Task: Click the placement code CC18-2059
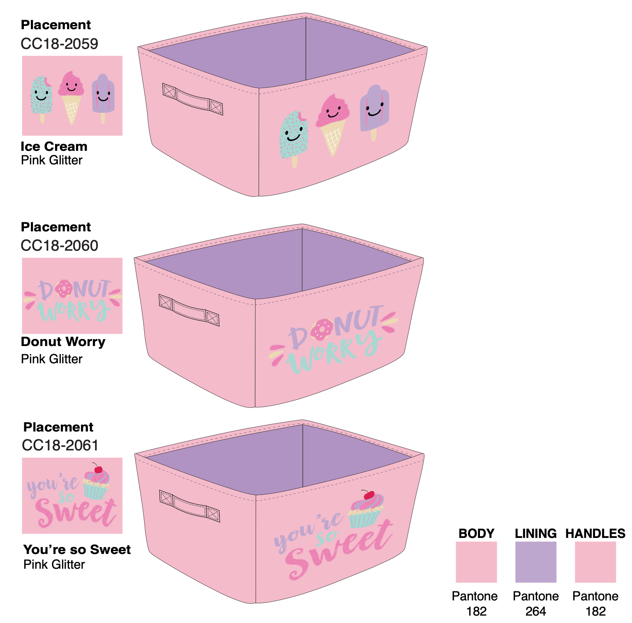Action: [x=60, y=44]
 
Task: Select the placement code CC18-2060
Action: [x=60, y=245]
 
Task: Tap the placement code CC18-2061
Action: [x=60, y=445]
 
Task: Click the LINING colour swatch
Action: [x=535, y=562]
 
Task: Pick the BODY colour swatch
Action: [x=476, y=562]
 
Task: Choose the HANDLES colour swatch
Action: [x=595, y=562]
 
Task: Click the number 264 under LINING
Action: [x=535, y=611]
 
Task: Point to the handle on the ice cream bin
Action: [x=193, y=99]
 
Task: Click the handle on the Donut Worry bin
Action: [x=189, y=310]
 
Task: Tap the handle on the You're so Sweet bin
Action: [x=189, y=506]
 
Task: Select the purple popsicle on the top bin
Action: [x=374, y=109]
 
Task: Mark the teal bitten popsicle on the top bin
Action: [x=294, y=136]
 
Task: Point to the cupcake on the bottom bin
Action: [x=366, y=512]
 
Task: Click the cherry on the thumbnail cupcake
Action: [x=98, y=469]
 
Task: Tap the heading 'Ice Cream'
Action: [x=54, y=146]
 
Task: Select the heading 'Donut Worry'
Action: [x=63, y=341]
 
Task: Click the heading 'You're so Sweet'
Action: [x=77, y=549]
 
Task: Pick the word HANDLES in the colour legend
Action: [x=595, y=533]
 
